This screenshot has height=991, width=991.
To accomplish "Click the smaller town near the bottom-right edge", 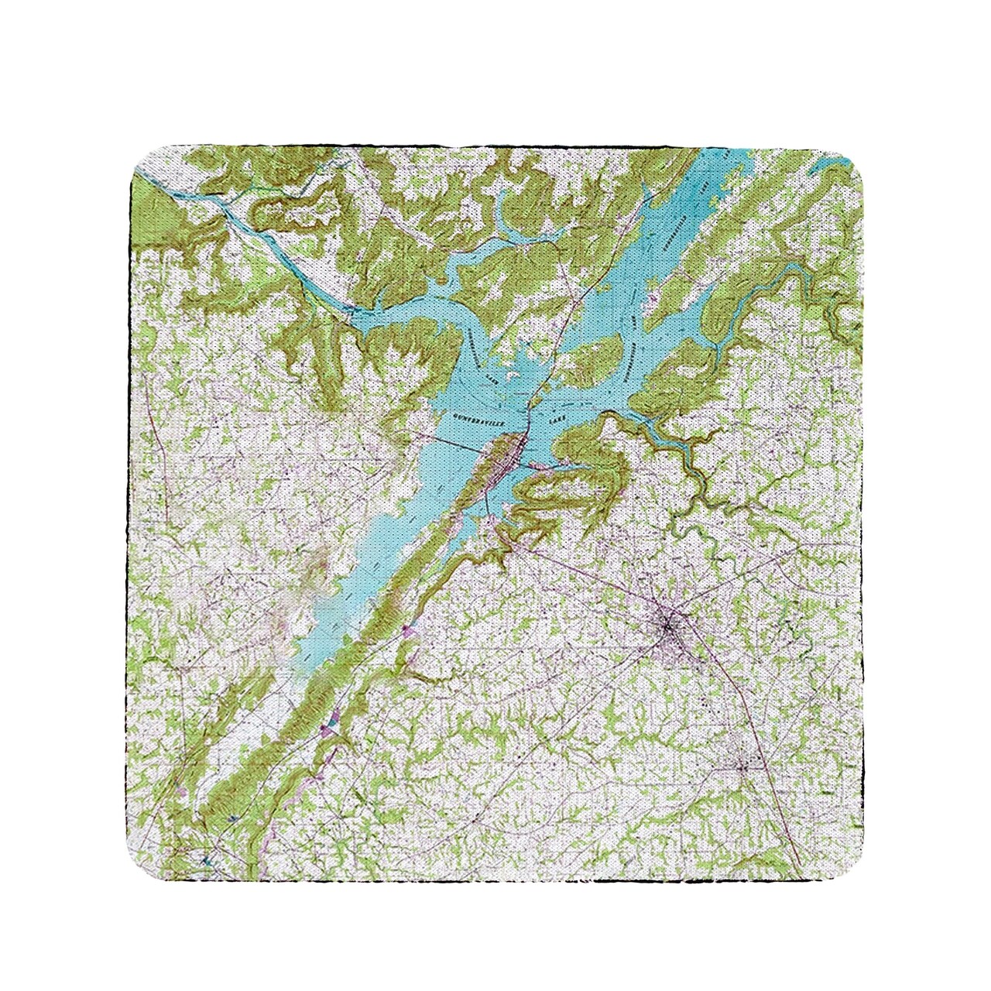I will click(742, 766).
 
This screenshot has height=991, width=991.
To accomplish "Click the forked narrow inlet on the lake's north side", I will click(503, 225).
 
